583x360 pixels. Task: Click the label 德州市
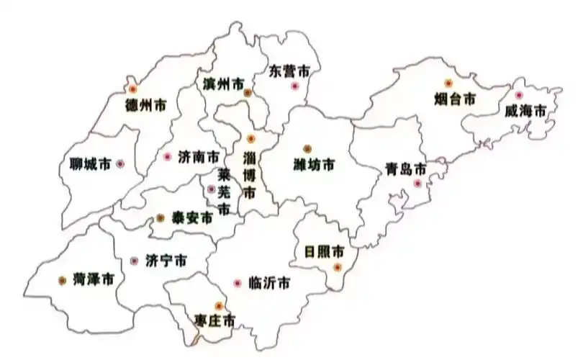tap(145, 105)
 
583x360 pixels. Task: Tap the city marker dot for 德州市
tap(132, 89)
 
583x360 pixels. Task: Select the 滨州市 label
tap(223, 84)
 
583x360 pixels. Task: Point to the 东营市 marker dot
tap(294, 86)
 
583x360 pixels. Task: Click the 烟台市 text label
tap(455, 99)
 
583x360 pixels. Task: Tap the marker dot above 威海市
tap(518, 95)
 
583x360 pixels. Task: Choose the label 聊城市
tap(86, 165)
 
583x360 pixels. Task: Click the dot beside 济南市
tap(168, 156)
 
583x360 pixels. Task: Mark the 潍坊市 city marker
tap(307, 149)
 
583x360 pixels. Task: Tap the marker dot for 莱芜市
tap(211, 189)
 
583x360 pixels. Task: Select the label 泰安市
tap(192, 218)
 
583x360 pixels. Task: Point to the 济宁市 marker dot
tap(133, 260)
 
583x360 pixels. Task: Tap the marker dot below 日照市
tap(337, 267)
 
